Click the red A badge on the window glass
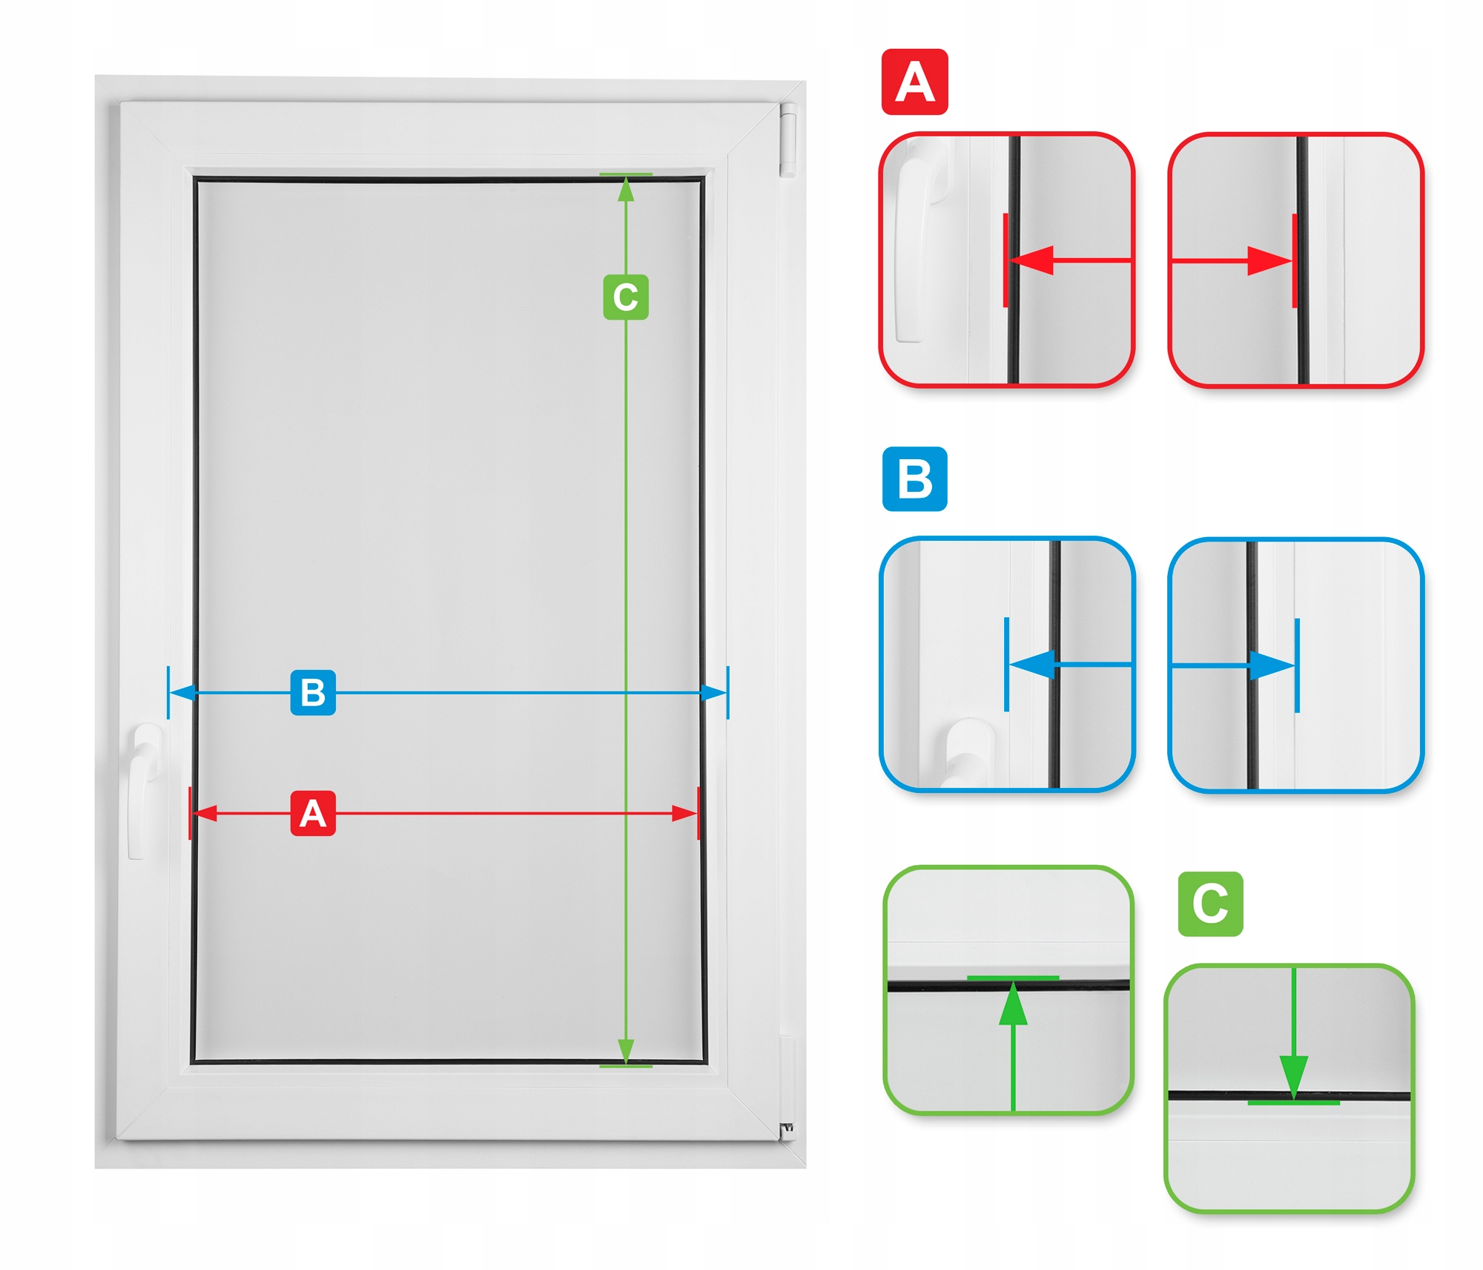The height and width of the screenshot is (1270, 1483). (x=312, y=813)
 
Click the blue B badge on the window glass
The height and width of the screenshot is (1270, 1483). (x=312, y=692)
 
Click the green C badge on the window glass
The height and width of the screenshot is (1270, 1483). (x=626, y=297)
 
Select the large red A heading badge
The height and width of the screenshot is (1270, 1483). (x=914, y=82)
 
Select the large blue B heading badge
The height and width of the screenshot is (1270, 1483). (x=914, y=478)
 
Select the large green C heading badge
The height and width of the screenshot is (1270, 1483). (x=1210, y=904)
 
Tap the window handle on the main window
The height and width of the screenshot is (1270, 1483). (x=143, y=790)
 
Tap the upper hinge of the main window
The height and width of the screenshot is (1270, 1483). (x=787, y=140)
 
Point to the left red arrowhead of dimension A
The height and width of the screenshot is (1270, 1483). (x=205, y=813)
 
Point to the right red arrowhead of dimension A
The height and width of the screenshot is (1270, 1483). (x=684, y=813)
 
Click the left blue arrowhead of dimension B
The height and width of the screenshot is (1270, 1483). (x=183, y=693)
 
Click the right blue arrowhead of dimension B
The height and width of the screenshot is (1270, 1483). (x=714, y=693)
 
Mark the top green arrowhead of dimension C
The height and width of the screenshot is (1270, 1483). (x=626, y=190)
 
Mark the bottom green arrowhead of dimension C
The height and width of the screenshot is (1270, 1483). (x=626, y=1050)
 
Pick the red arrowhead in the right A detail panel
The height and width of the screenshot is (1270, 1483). (x=1269, y=260)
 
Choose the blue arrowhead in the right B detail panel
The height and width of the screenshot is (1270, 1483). (x=1272, y=665)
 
